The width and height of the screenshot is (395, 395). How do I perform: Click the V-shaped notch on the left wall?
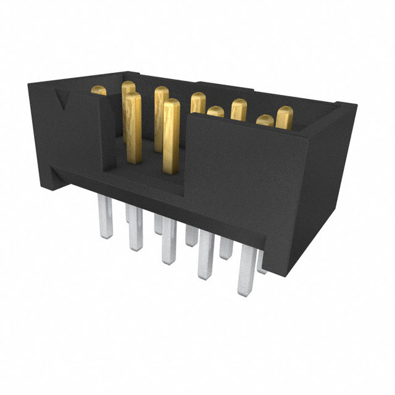[64, 99]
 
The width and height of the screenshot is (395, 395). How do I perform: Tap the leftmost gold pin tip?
[99, 91]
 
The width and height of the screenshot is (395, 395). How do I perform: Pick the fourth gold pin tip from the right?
[215, 112]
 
